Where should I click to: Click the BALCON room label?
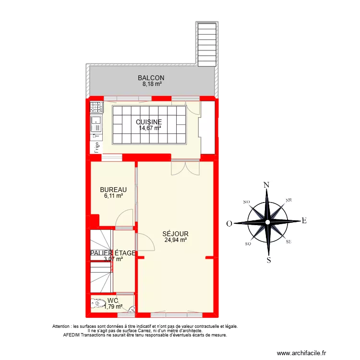pyautogui.click(x=151, y=78)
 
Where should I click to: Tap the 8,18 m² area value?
pyautogui.click(x=152, y=84)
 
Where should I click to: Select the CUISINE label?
pyautogui.click(x=149, y=122)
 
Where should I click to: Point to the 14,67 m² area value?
pyautogui.click(x=150, y=128)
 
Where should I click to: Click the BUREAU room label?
pyautogui.click(x=113, y=190)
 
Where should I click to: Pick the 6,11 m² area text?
pyautogui.click(x=114, y=196)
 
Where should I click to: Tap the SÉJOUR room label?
pyautogui.click(x=175, y=234)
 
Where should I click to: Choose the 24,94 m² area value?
pyautogui.click(x=175, y=240)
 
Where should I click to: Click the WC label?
pyautogui.click(x=113, y=300)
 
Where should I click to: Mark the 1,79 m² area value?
pyautogui.click(x=113, y=306)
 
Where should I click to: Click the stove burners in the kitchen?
pyautogui.click(x=96, y=107)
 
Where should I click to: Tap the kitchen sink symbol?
pyautogui.click(x=96, y=120)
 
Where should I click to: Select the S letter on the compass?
pyautogui.click(x=269, y=261)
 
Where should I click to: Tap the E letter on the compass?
pyautogui.click(x=304, y=221)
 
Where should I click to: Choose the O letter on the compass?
pyautogui.click(x=229, y=224)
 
